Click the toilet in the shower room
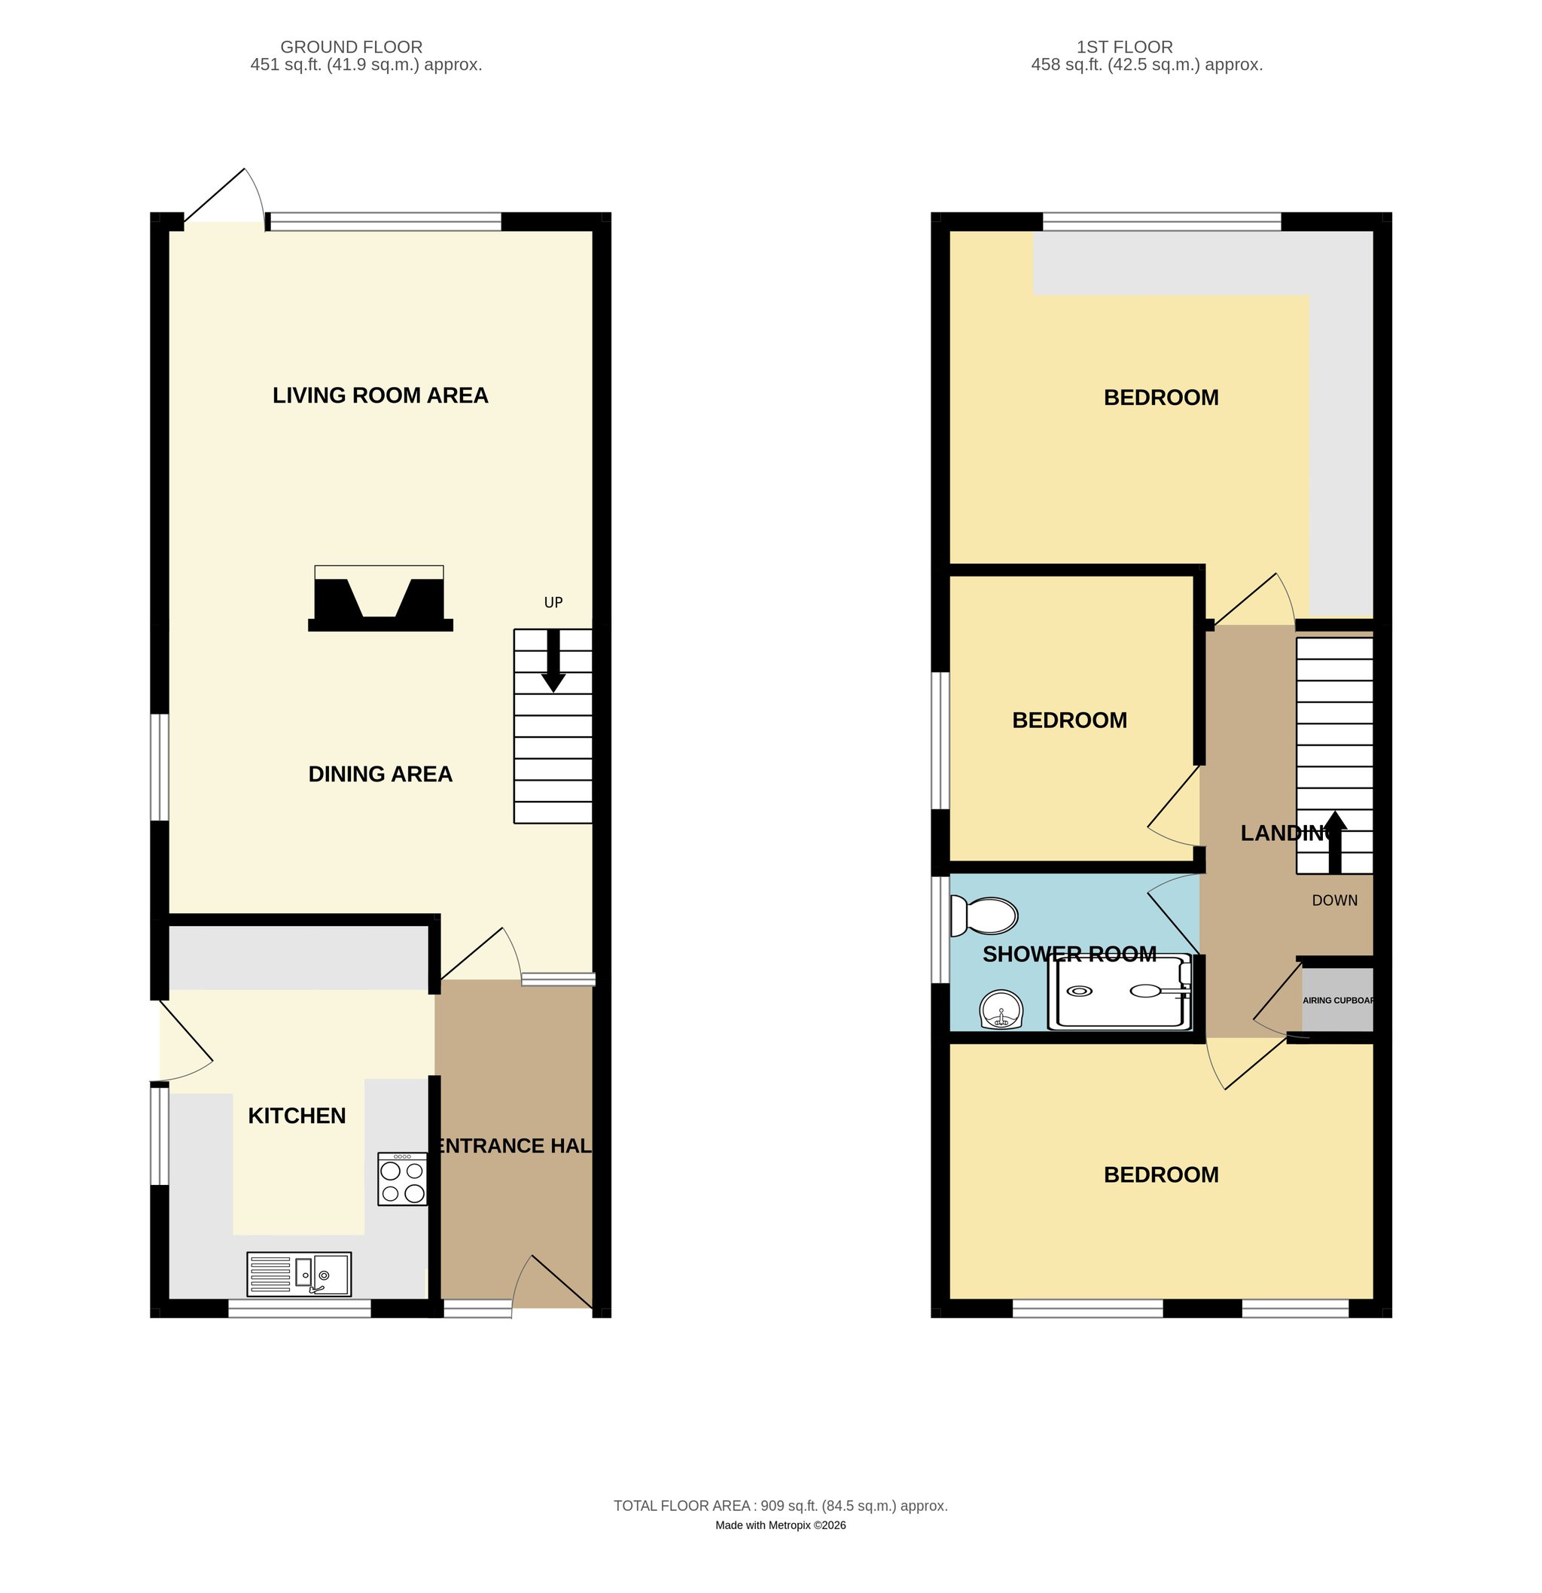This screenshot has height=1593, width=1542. click(983, 916)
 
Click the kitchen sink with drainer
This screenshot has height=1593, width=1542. click(299, 1274)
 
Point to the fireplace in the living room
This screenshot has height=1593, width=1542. click(379, 599)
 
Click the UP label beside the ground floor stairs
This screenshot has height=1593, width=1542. click(553, 602)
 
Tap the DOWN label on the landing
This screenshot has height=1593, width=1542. click(1335, 900)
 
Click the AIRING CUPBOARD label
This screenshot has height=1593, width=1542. click(1338, 1001)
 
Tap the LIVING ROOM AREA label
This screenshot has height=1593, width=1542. click(380, 395)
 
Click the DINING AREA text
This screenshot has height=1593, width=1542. click(380, 774)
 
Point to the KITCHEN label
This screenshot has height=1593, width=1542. click(297, 1116)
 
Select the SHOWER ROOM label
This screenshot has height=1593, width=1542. click(1070, 954)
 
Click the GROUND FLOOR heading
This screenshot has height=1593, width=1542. click(351, 47)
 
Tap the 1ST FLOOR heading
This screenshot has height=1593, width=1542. click(1125, 47)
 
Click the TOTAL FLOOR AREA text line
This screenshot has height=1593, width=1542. click(780, 1506)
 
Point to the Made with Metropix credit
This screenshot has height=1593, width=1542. click(780, 1525)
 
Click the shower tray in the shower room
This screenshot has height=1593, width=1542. click(1120, 992)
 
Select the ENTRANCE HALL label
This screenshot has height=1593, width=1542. click(514, 1146)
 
